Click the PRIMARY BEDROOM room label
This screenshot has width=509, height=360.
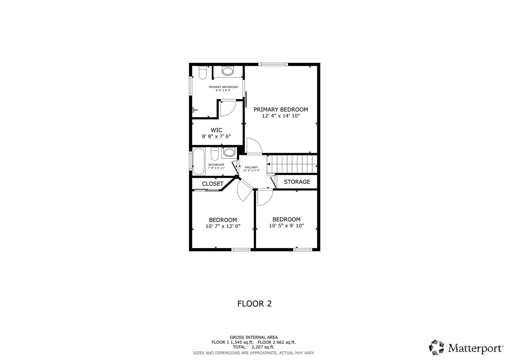pos(281,109)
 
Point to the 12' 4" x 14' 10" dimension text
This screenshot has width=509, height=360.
pos(281,116)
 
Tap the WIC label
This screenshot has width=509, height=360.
pos(216,130)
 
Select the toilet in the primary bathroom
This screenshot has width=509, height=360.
pos(203,72)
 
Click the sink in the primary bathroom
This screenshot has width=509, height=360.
pos(228,71)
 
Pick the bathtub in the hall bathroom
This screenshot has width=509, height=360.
pos(199,162)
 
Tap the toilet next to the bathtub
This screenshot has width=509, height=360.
pos(214,154)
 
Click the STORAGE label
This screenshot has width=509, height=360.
pos(297,182)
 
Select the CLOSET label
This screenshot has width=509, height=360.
pos(213,184)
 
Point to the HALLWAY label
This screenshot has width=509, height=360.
pos(251,167)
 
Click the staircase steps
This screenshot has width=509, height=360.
pos(292,164)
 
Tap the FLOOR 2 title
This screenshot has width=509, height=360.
pos(255,304)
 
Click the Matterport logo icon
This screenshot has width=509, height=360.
pos(437,348)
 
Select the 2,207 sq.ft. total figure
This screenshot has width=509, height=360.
pos(263,347)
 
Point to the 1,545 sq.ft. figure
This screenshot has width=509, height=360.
pos(242,342)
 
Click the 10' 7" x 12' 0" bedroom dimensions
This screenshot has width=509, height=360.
pos(223,226)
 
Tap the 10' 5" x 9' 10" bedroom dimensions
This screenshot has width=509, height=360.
pos(286,226)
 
